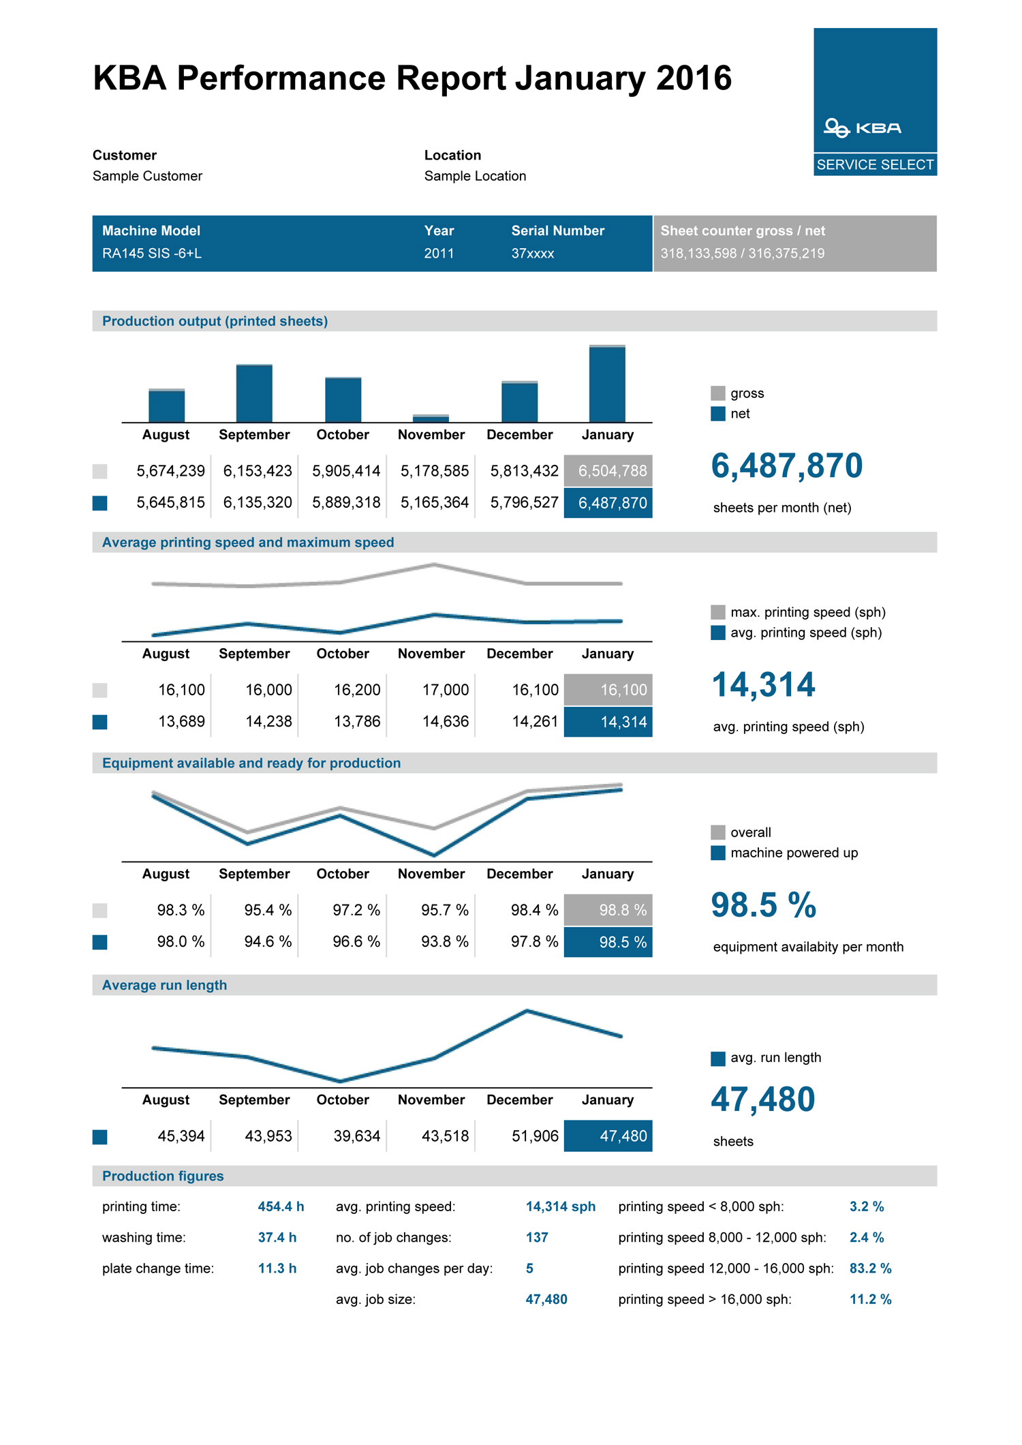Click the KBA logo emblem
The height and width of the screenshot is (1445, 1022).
tap(836, 127)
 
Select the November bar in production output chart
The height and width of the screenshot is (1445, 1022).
tap(431, 418)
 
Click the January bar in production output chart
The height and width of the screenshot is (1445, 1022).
tap(607, 384)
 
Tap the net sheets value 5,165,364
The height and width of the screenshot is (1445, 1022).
tap(435, 503)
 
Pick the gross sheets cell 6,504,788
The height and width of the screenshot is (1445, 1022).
tap(612, 471)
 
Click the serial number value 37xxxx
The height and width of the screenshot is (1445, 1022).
tap(533, 254)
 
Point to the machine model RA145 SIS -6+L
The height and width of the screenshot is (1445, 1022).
tap(152, 254)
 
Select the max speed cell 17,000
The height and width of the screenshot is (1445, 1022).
tap(445, 690)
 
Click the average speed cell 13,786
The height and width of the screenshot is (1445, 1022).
tap(357, 721)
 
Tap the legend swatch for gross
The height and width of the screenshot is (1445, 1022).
tap(717, 393)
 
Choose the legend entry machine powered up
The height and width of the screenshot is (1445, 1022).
tap(794, 853)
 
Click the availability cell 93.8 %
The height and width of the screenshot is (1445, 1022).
tap(444, 942)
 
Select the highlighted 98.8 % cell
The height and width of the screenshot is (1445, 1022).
tap(622, 910)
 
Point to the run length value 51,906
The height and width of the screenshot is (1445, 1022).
tap(535, 1136)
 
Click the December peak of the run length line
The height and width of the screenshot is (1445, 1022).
tap(527, 1011)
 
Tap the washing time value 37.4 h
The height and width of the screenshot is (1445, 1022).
tap(277, 1237)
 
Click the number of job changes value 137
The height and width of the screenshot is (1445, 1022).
tap(537, 1237)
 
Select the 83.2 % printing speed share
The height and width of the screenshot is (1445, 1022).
tap(870, 1268)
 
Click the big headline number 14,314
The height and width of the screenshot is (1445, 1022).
tap(763, 685)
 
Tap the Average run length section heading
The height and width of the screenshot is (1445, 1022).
tap(164, 985)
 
